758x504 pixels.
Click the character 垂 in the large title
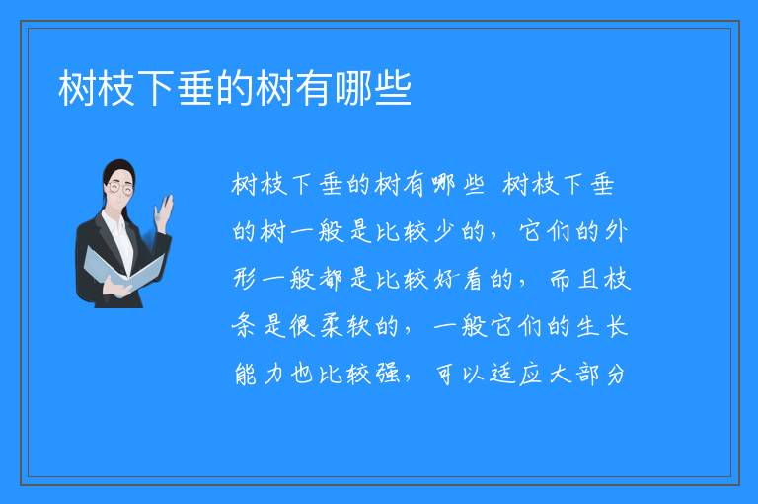(x=195, y=88)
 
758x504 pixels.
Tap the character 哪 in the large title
(x=354, y=88)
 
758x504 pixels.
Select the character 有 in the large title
(x=314, y=88)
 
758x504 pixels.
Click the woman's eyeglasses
(x=120, y=188)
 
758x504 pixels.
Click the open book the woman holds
(x=123, y=270)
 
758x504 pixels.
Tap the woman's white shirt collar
(x=115, y=223)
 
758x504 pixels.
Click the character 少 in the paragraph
(x=445, y=232)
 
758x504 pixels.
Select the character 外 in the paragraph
(x=616, y=232)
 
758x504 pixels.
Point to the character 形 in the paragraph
(x=245, y=280)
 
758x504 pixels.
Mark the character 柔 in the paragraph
(x=331, y=326)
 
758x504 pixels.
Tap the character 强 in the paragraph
(x=388, y=374)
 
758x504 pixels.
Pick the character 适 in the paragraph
(x=501, y=374)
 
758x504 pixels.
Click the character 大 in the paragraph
(x=559, y=374)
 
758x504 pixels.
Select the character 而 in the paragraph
(x=561, y=280)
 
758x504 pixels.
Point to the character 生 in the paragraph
(x=587, y=326)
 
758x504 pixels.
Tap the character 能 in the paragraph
(x=245, y=374)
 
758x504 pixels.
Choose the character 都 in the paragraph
(x=331, y=280)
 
